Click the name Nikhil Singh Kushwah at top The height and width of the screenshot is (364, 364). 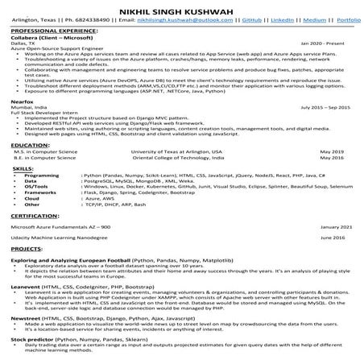coord(181,6)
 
